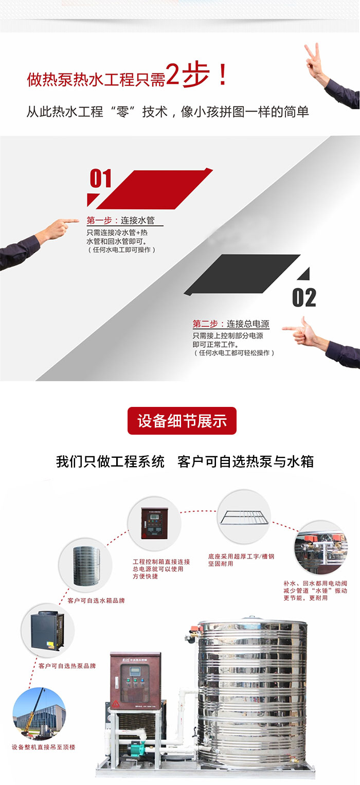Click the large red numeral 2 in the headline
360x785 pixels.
coord(173,74)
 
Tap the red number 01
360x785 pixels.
coord(100,178)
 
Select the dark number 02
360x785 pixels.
coord(304,298)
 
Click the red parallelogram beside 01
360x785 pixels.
coord(154,189)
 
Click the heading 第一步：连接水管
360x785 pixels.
coord(120,221)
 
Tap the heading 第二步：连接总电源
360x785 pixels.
coord(231,324)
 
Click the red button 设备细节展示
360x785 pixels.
coord(182,421)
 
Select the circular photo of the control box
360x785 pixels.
coord(154,524)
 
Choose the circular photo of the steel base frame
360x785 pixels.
coord(244,516)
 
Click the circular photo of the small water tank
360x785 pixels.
coord(85,565)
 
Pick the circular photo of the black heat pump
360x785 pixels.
coord(48,630)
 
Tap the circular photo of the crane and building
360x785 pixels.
coord(39,708)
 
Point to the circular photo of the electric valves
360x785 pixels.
coord(321,547)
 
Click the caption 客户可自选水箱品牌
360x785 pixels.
coord(96,601)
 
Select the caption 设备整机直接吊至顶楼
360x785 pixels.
coord(43,747)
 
